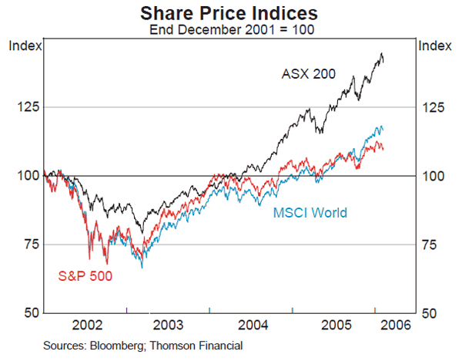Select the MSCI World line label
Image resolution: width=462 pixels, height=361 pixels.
point(310,213)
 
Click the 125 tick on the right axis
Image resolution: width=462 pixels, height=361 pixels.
point(432,106)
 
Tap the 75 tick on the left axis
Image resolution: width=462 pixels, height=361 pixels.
point(28,245)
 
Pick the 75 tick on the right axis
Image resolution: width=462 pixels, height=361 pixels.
point(429,245)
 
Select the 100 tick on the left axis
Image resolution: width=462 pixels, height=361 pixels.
point(25,176)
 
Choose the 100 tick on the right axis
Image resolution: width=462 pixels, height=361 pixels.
point(432,176)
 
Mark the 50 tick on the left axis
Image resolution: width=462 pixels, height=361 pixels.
point(28,313)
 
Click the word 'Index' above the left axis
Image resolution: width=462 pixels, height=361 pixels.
point(24,46)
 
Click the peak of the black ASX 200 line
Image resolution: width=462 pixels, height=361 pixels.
point(381,53)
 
